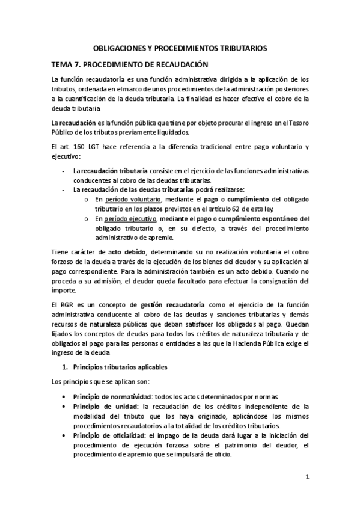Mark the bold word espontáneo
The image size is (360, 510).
pos(274,219)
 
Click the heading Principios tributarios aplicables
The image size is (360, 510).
pos(120,366)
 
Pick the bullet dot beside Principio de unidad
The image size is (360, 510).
pos(64,407)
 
